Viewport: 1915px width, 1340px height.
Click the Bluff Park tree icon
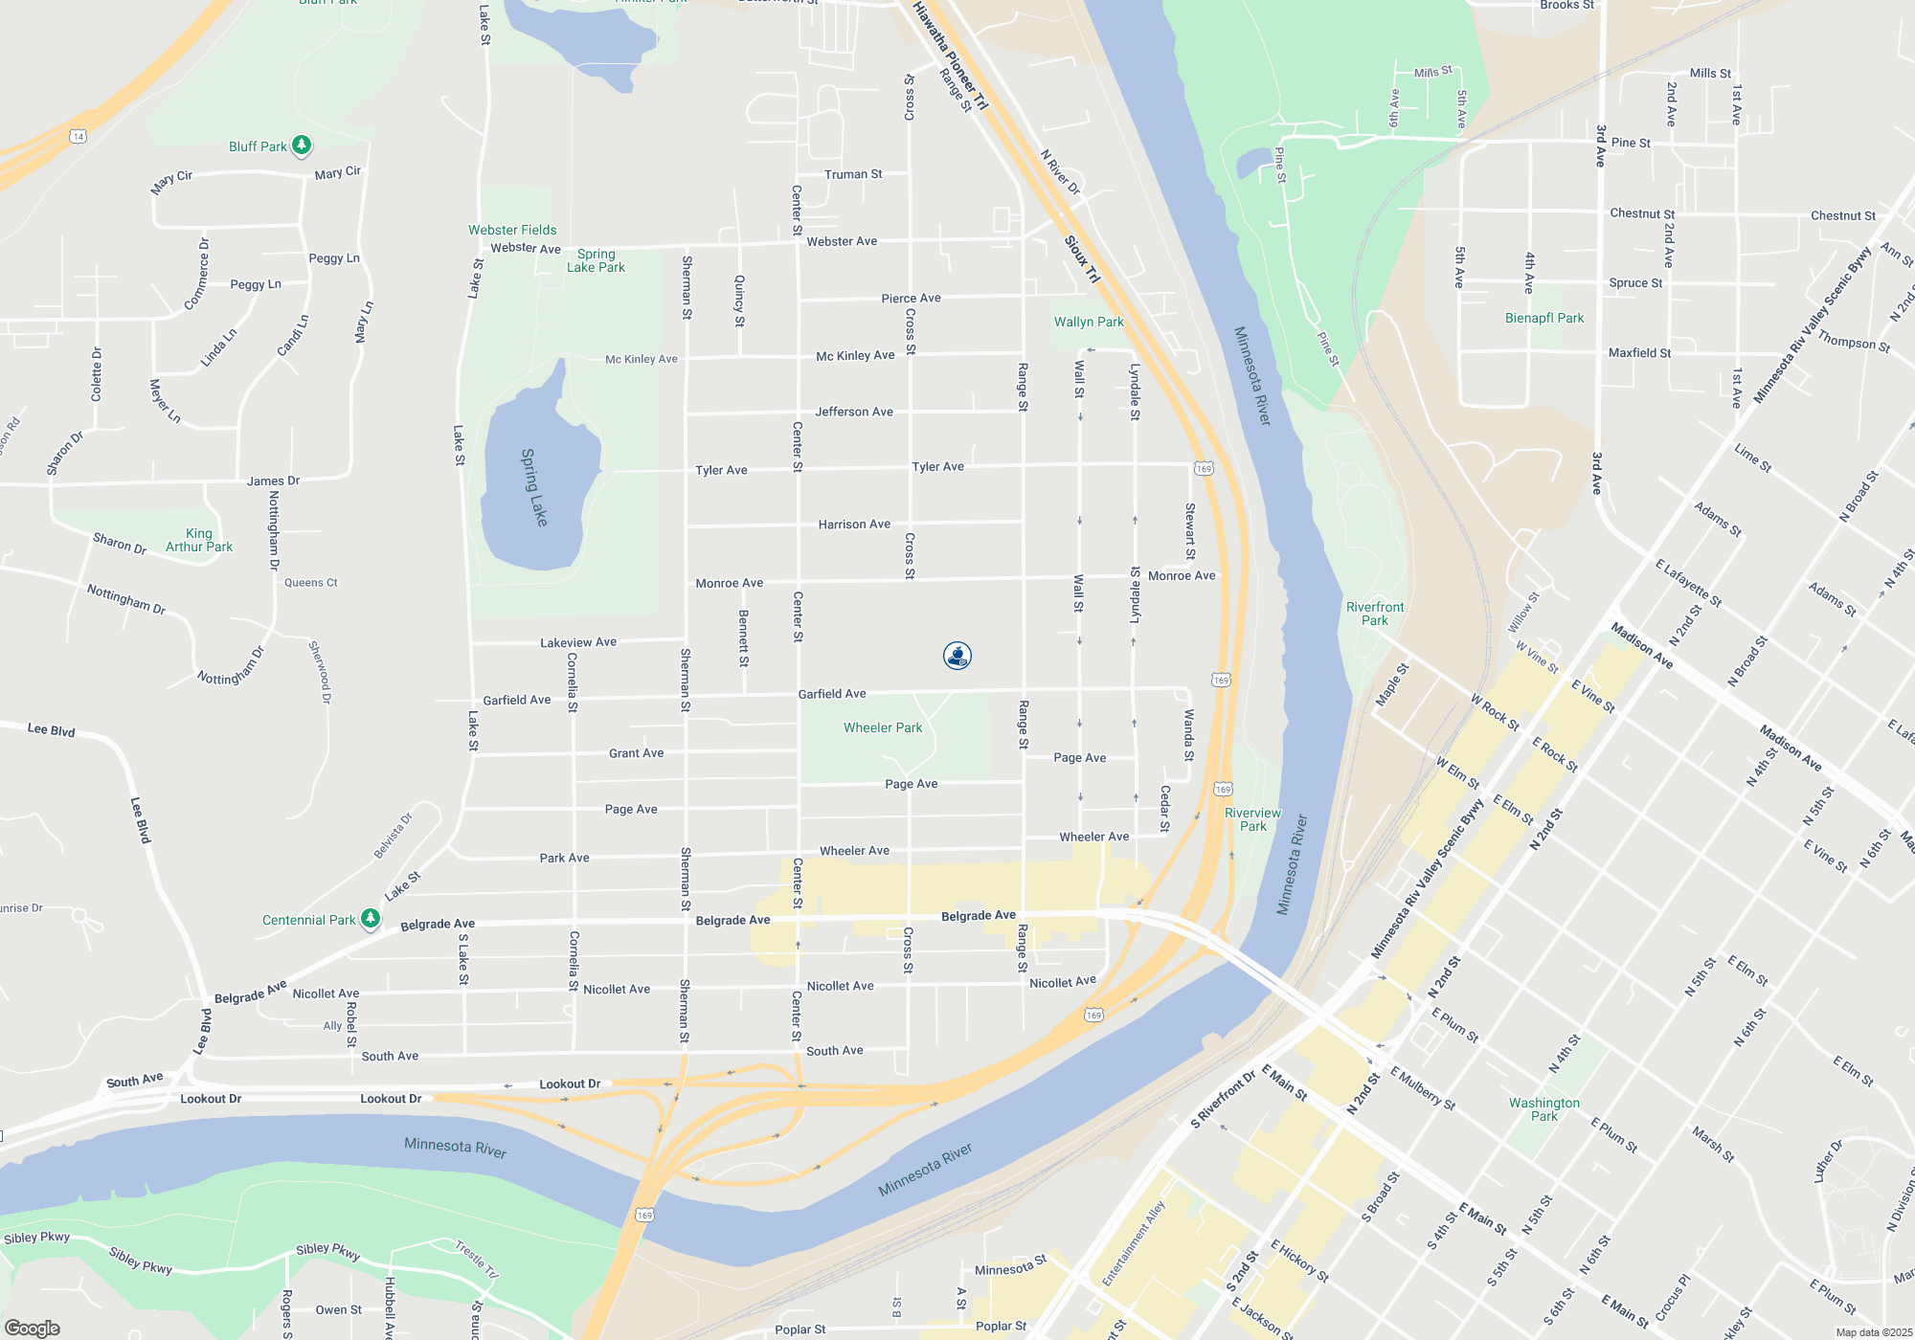(302, 145)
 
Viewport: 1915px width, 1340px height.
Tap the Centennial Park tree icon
(371, 919)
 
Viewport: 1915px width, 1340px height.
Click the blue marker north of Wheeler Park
(957, 656)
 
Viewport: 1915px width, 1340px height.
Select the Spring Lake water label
(534, 487)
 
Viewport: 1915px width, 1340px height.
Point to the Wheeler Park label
(883, 728)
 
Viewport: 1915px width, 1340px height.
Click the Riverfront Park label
(1375, 614)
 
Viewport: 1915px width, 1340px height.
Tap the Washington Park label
(1544, 1109)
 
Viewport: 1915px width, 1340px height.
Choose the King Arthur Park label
(199, 541)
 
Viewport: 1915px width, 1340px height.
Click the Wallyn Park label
(1089, 322)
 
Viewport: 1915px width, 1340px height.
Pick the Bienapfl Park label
(1544, 318)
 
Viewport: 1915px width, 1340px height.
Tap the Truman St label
(853, 174)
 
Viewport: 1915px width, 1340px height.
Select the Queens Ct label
(311, 583)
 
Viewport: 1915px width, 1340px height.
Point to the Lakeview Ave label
(578, 643)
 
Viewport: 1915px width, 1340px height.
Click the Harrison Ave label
(854, 525)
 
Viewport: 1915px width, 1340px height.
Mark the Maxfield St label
(1639, 353)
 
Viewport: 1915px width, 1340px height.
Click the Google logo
(33, 1329)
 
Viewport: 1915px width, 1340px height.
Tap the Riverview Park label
(1252, 819)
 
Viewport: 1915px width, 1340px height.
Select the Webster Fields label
(512, 230)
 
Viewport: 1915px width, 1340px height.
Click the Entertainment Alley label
(1133, 1243)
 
